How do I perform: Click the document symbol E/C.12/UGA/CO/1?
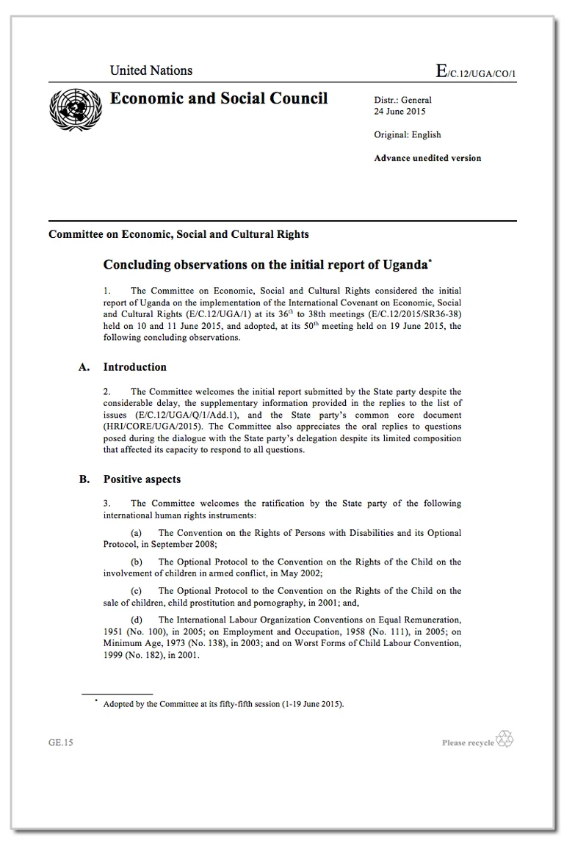[x=481, y=71]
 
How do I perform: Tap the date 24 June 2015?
[x=399, y=112]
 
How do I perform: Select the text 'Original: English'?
[x=408, y=134]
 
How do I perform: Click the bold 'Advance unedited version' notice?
[x=427, y=158]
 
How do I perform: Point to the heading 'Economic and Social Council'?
[x=219, y=98]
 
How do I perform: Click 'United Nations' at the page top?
[x=151, y=70]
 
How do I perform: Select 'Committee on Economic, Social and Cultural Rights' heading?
[x=178, y=234]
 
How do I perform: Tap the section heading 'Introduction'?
[x=134, y=367]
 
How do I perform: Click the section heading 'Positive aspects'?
[x=142, y=479]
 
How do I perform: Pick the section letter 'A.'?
[x=84, y=367]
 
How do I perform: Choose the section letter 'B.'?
[x=84, y=479]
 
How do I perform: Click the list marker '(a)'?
[x=137, y=533]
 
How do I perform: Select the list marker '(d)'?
[x=137, y=620]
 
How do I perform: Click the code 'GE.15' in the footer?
[x=61, y=742]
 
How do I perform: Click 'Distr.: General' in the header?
[x=403, y=100]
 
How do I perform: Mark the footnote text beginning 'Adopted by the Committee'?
[x=223, y=704]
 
